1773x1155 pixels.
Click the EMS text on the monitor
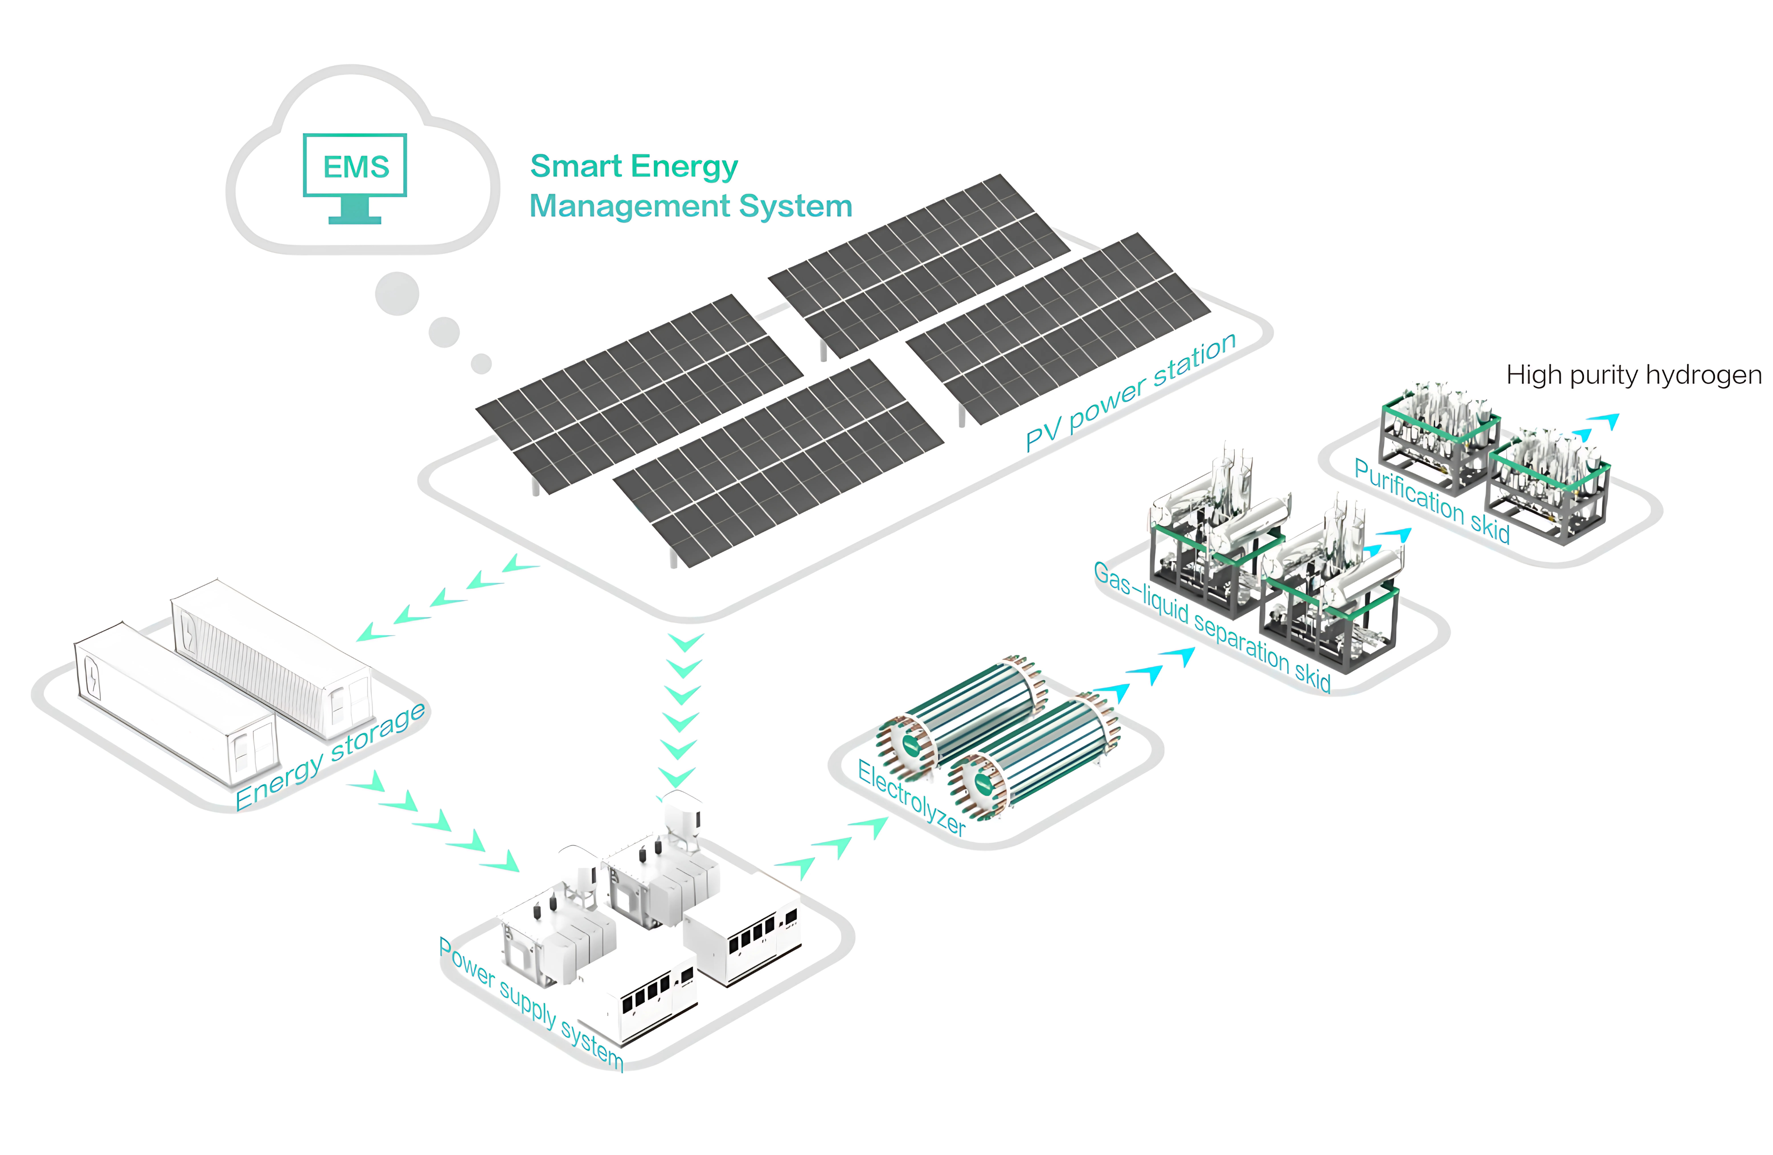pyautogui.click(x=355, y=167)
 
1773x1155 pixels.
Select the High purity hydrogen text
pyautogui.click(x=1633, y=375)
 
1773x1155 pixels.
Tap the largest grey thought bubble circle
pyautogui.click(x=397, y=293)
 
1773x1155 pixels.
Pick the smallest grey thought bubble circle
pyautogui.click(x=481, y=363)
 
